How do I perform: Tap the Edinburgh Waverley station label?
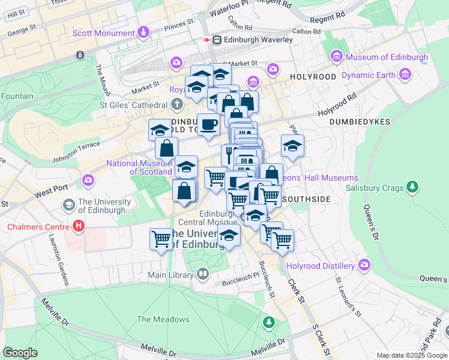pos(258,40)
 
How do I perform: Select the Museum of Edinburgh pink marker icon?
pos(336,58)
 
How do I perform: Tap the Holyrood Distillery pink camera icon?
pos(364,265)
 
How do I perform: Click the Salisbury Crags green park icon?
pos(412,188)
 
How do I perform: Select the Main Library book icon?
pos(203,275)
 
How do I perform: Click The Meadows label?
pos(163,319)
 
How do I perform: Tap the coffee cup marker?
pos(208,125)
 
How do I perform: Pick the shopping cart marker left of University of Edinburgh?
pos(161,239)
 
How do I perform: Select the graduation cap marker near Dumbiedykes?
pos(292,146)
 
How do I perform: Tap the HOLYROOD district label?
pos(313,77)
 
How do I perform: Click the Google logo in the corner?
pos(20,353)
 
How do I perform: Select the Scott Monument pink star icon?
pos(143,31)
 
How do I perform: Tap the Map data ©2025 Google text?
pos(411,355)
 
